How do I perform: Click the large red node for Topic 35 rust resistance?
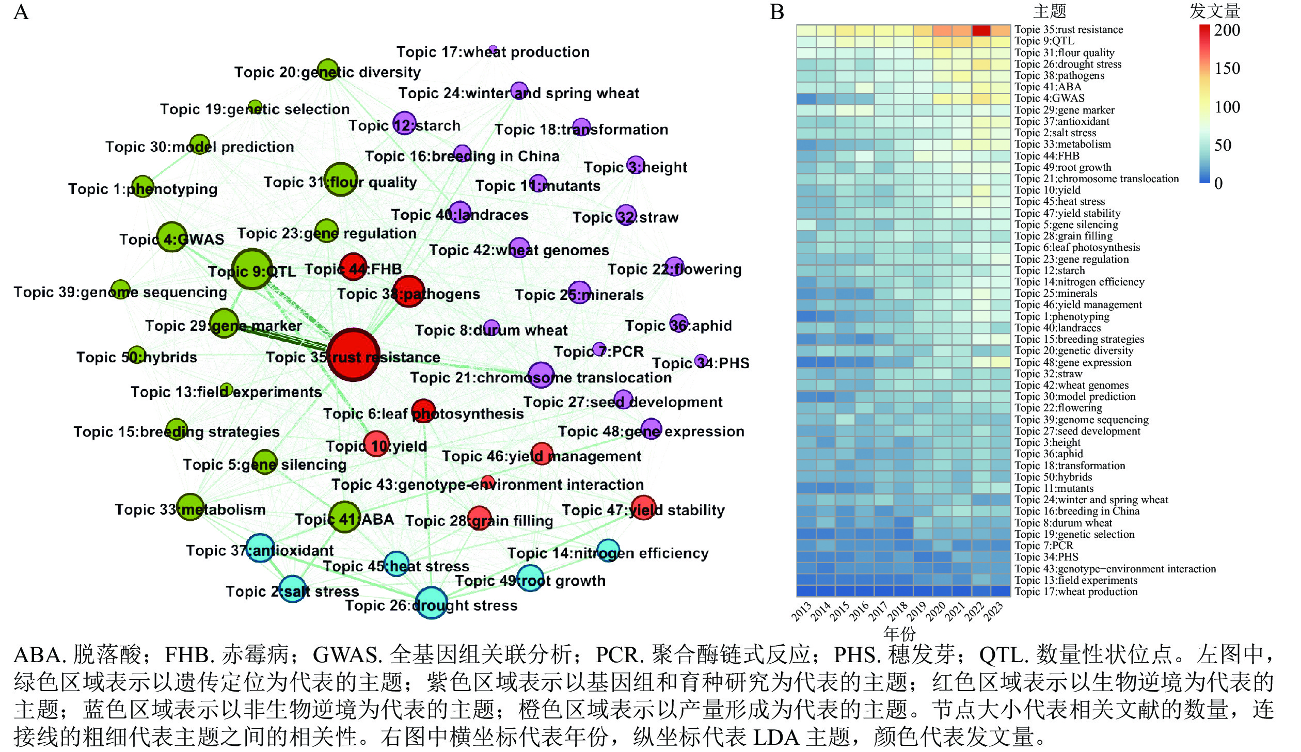point(353,355)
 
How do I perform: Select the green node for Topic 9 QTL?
point(252,268)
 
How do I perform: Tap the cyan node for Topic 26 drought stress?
point(431,602)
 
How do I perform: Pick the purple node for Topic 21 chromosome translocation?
point(541,375)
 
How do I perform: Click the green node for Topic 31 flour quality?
point(341,180)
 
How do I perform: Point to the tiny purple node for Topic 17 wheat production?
point(493,50)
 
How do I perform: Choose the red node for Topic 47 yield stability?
point(643,507)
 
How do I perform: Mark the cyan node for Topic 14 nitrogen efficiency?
point(608,550)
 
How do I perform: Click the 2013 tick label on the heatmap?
point(802,612)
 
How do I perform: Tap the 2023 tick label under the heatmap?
point(994,612)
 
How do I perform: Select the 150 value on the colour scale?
point(1227,69)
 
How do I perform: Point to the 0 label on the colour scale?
point(1218,183)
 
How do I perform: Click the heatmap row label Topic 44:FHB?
point(1046,156)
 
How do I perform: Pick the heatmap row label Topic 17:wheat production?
point(1075,591)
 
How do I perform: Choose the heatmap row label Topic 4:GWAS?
point(1049,98)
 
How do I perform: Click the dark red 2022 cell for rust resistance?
point(981,30)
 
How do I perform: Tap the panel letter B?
point(777,11)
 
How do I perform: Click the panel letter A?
point(21,11)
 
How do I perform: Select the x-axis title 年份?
point(899,633)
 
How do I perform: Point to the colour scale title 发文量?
point(1214,11)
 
